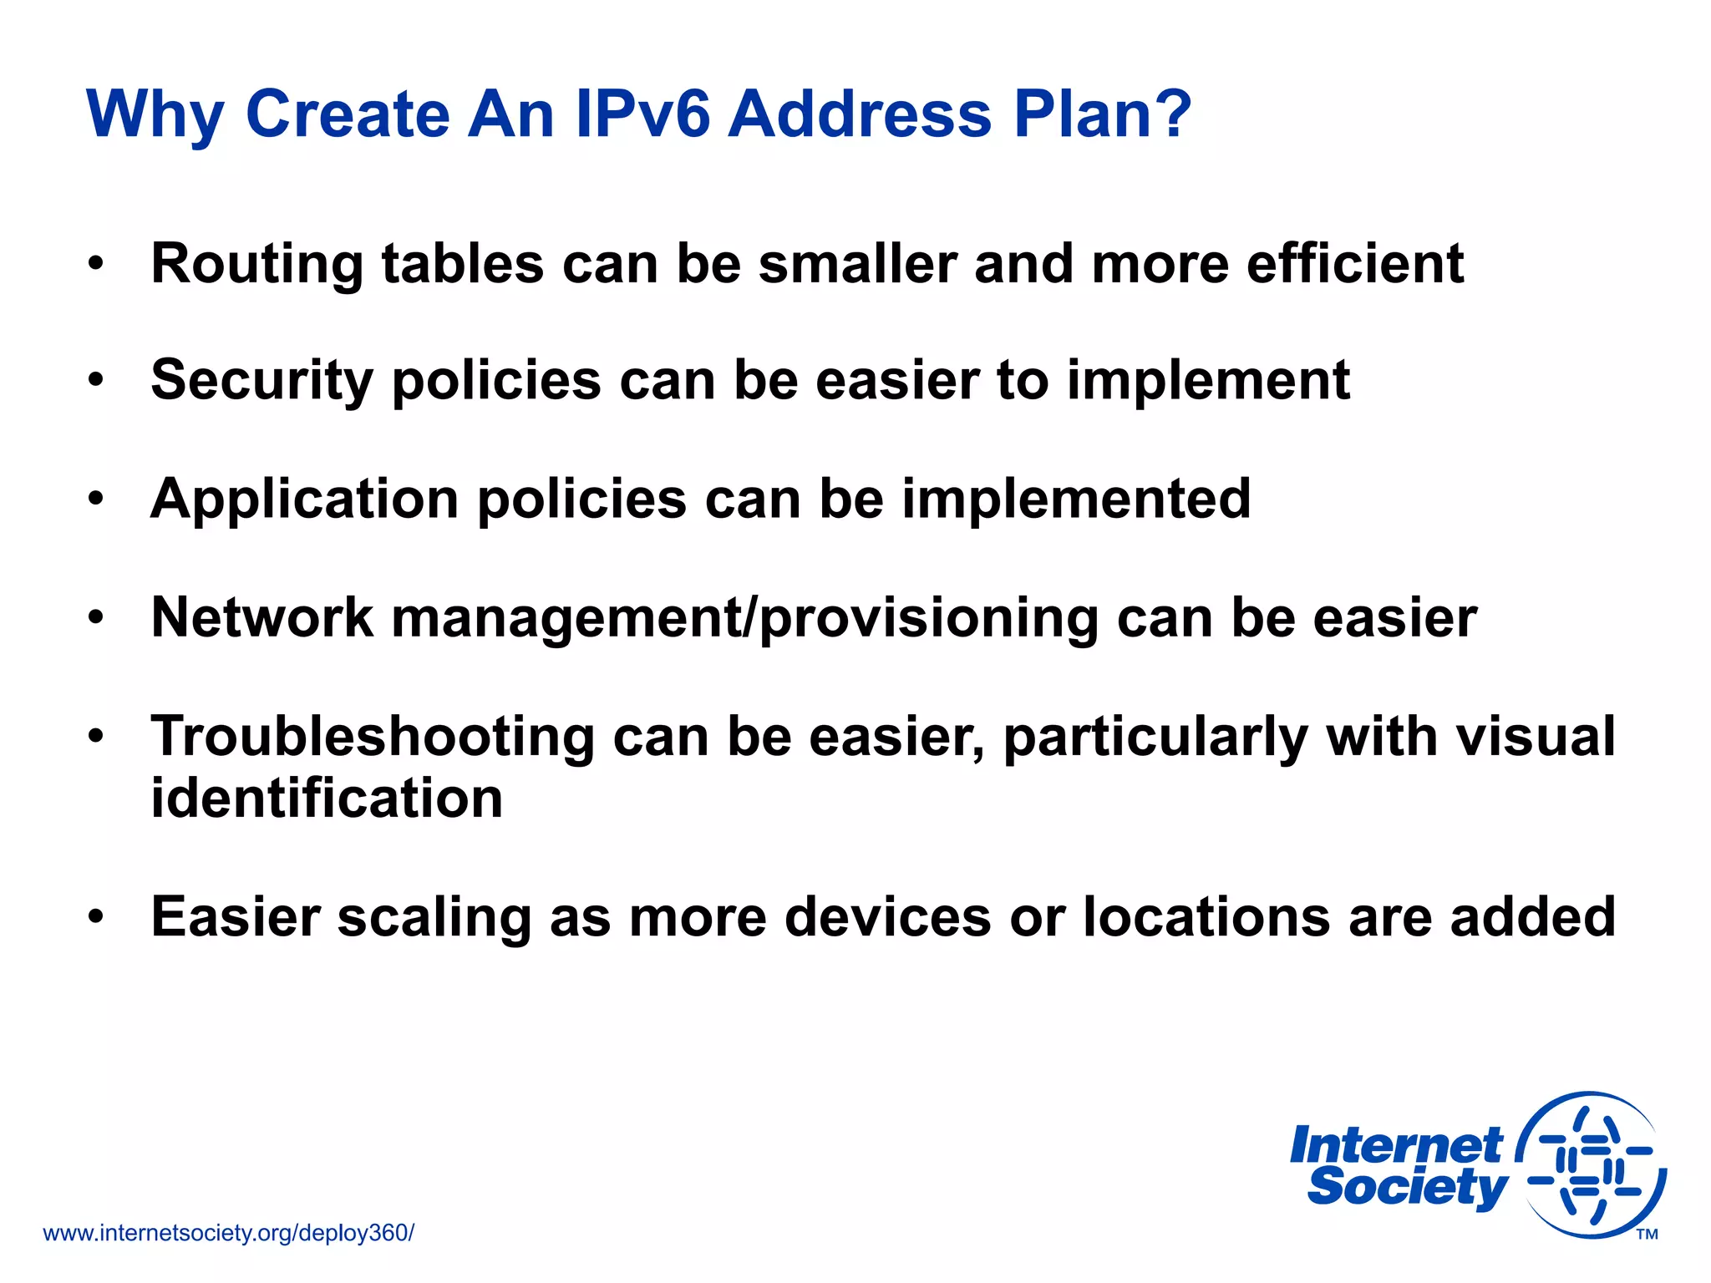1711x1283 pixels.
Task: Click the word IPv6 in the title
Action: [642, 114]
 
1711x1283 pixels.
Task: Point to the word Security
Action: [261, 381]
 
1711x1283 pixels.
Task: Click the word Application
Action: [304, 500]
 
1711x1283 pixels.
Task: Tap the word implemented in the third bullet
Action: [1076, 500]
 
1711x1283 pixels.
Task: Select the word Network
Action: [261, 618]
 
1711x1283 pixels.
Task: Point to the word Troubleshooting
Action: [372, 737]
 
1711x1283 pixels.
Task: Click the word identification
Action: [327, 798]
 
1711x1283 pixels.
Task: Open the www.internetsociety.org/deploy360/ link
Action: [228, 1233]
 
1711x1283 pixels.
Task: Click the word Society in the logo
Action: [1406, 1188]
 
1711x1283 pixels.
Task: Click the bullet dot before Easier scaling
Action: [97, 917]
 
